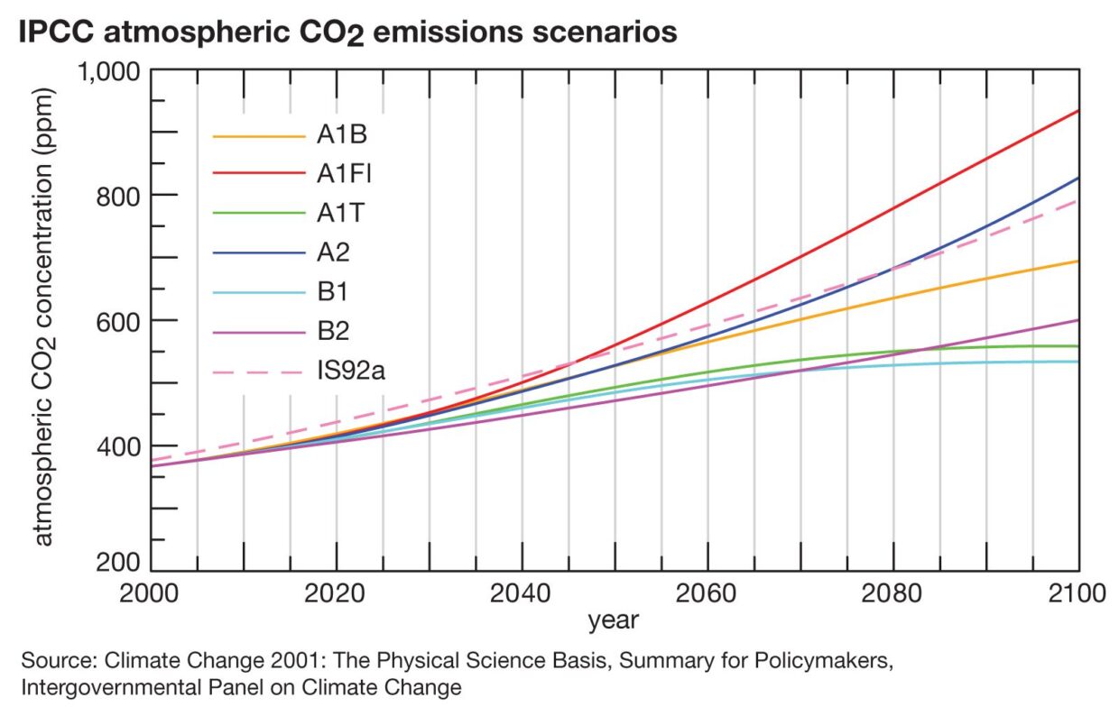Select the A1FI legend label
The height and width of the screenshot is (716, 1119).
tap(344, 175)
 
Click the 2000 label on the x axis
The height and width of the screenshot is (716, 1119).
tap(151, 594)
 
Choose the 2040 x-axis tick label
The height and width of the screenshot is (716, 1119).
tap(522, 594)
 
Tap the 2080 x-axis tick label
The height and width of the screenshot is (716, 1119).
tap(892, 594)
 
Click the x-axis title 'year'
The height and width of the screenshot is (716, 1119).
tap(614, 620)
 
